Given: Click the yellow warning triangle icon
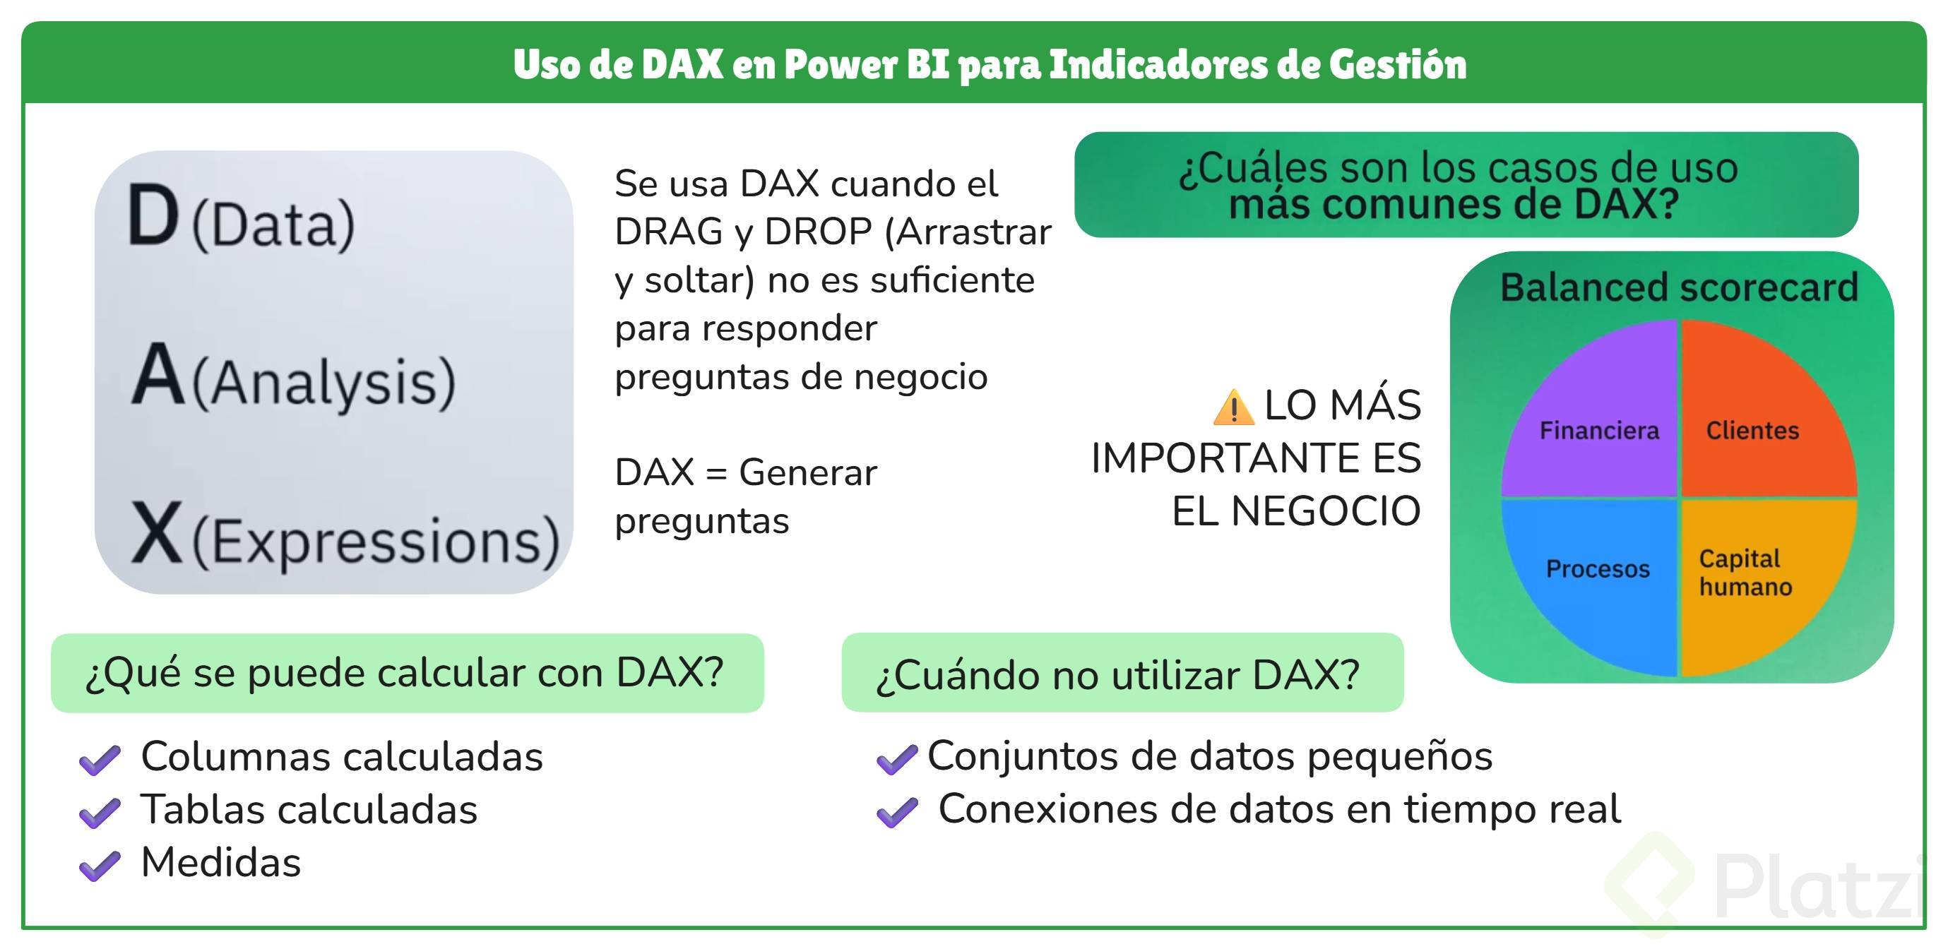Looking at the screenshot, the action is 1233,407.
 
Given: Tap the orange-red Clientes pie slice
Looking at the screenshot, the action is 1762,416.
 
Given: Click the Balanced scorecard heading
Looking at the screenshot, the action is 1679,287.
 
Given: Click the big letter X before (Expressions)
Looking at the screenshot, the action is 157,532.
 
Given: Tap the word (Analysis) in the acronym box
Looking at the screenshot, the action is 323,383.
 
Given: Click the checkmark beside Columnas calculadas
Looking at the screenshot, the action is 100,760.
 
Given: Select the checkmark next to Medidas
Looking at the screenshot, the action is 100,866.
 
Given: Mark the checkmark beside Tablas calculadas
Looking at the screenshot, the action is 100,813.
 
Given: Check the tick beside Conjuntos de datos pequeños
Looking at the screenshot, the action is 897,759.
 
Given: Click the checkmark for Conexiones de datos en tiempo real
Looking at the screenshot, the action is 897,813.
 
